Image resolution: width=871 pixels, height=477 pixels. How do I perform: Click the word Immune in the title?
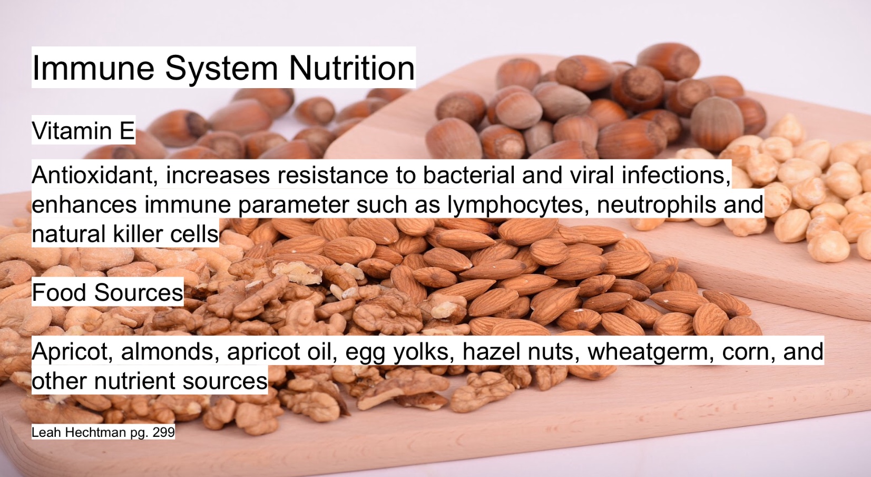point(93,68)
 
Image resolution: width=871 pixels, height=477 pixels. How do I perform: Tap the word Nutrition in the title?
point(352,68)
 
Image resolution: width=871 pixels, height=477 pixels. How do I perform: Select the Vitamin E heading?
point(83,130)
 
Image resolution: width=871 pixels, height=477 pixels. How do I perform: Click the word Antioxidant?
point(94,175)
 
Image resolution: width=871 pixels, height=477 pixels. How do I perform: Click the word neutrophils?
point(657,204)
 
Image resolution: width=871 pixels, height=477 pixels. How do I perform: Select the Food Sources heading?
point(107,292)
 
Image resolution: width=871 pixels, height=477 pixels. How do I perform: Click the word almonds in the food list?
point(167,351)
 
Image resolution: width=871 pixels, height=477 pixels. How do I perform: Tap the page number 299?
point(164,432)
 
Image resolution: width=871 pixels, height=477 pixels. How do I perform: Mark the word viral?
point(592,175)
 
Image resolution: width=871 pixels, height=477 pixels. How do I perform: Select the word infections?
point(676,175)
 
